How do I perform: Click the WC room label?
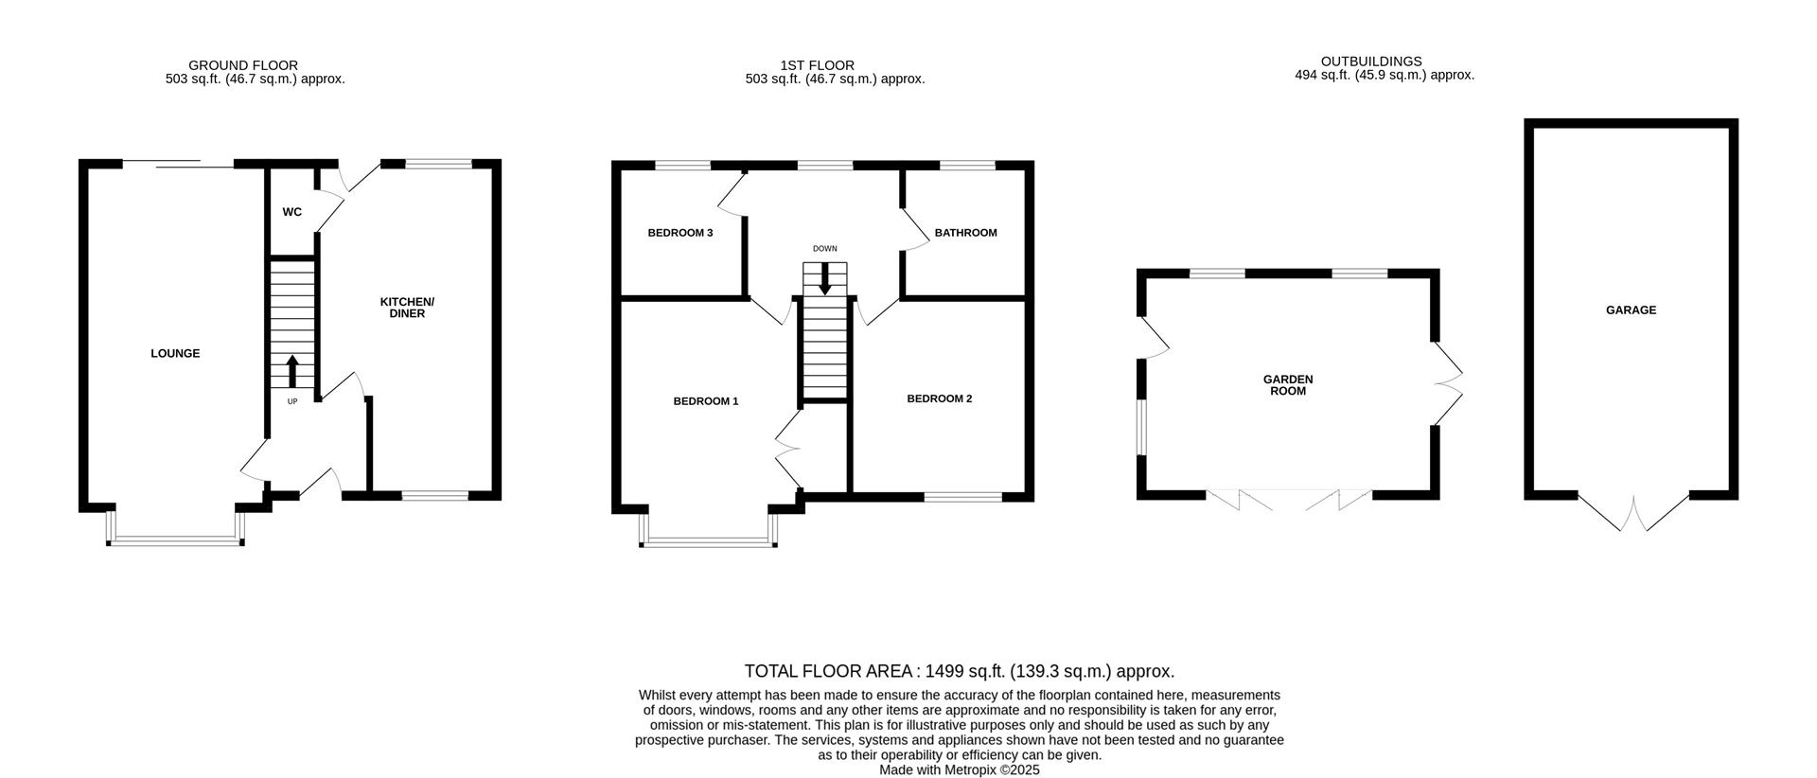[x=291, y=212]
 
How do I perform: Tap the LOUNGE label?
[x=175, y=354]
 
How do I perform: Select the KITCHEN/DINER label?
[x=407, y=308]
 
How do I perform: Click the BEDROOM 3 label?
[x=679, y=233]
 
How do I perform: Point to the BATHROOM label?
[x=965, y=233]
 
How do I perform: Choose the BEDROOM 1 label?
[x=705, y=401]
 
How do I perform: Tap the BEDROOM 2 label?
[x=939, y=398]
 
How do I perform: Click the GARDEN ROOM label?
[x=1288, y=385]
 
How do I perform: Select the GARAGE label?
[x=1631, y=310]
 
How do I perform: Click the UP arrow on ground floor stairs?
[x=291, y=371]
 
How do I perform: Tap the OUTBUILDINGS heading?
[x=1370, y=62]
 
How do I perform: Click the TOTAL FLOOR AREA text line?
[x=959, y=672]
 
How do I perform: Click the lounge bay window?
[x=175, y=540]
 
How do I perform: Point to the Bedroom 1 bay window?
[x=708, y=542]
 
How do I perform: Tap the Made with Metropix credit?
[x=959, y=770]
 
